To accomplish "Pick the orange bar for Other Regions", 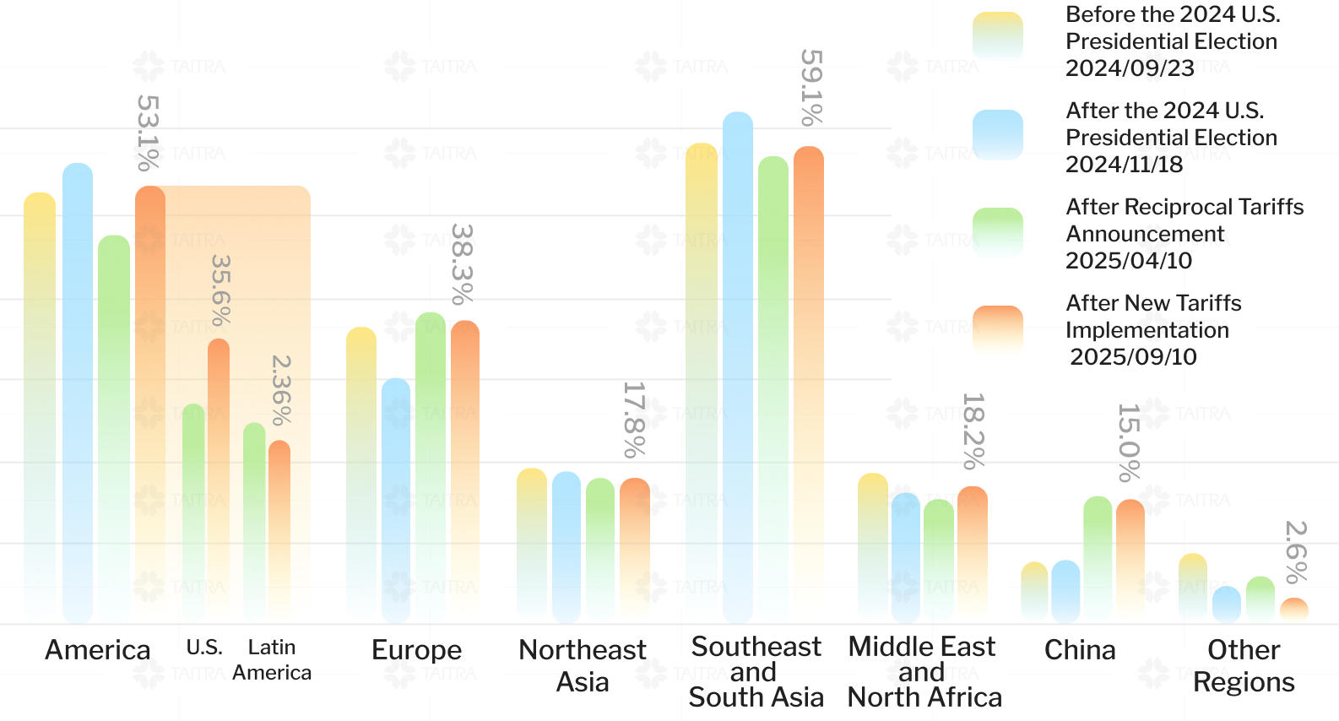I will pos(1293,611).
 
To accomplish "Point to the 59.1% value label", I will pos(811,88).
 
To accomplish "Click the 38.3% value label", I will pos(462,263).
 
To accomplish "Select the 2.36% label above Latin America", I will pos(281,390).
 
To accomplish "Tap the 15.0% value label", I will pos(1129,442).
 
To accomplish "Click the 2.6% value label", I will pos(1296,552).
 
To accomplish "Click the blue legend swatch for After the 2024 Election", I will pos(997,135).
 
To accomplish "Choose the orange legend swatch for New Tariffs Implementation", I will pos(997,331).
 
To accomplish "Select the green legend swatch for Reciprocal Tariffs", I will pos(997,233).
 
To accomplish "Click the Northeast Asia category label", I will pos(583,665).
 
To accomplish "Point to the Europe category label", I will pos(417,650).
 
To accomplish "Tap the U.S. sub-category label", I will pos(204,648).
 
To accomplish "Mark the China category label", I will pos(1080,650).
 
